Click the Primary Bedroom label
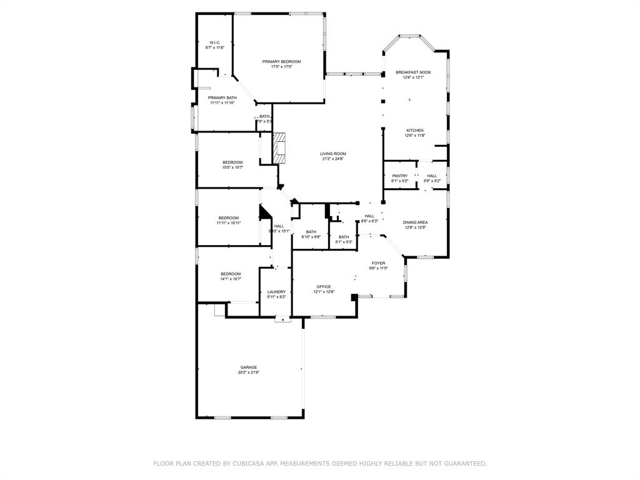pyautogui.click(x=281, y=61)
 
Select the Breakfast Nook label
pyautogui.click(x=413, y=72)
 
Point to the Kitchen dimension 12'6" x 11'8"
pyautogui.click(x=414, y=136)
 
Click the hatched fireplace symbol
pyautogui.click(x=279, y=147)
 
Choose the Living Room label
pyautogui.click(x=333, y=154)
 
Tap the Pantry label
pyautogui.click(x=400, y=176)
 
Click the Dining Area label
pyautogui.click(x=415, y=222)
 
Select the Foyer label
pyautogui.click(x=378, y=263)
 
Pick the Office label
pyautogui.click(x=323, y=287)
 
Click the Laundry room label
pyautogui.click(x=276, y=292)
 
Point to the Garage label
pyautogui.click(x=249, y=367)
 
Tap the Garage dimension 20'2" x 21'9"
pyautogui.click(x=249, y=372)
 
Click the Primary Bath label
pyautogui.click(x=222, y=97)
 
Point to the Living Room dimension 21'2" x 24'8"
pyautogui.click(x=333, y=159)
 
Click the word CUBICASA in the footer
pyautogui.click(x=249, y=463)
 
